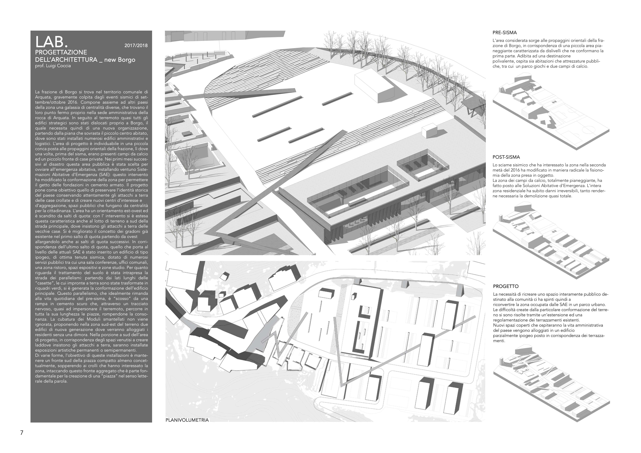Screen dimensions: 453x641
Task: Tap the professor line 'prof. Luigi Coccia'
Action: pyautogui.click(x=53, y=66)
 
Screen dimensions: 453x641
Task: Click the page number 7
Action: pyautogui.click(x=21, y=433)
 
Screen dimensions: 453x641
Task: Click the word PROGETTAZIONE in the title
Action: pyautogui.click(x=61, y=52)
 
